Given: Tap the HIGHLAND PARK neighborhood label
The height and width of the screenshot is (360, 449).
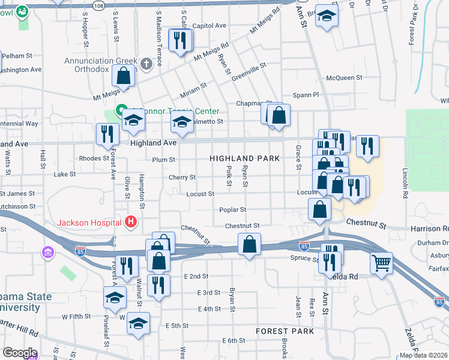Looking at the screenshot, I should tap(244, 158).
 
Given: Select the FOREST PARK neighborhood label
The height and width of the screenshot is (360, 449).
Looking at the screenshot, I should tap(285, 331).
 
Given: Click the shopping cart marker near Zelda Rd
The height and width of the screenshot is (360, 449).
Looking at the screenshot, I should tap(381, 263).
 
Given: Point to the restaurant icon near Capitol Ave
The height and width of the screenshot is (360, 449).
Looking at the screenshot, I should tap(181, 40).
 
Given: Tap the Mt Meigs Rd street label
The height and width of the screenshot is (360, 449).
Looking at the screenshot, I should tap(211, 53).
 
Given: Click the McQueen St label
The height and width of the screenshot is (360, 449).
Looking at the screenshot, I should tap(344, 78).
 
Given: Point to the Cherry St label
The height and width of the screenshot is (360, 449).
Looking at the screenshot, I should tap(182, 178).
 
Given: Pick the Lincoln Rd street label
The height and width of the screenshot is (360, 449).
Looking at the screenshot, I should tap(406, 183).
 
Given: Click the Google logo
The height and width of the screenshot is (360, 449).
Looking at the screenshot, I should tap(20, 352).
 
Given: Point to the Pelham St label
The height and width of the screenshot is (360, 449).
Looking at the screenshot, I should tap(16, 56).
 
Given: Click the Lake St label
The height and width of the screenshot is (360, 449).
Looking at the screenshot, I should tap(65, 174).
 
